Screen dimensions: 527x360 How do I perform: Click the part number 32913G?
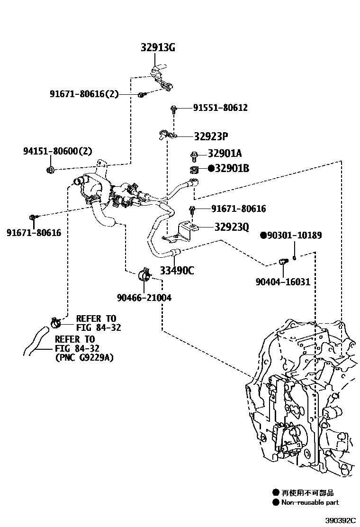click(158, 47)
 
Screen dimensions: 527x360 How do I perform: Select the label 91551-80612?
click(220, 108)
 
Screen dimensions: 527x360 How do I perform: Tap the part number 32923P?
click(211, 137)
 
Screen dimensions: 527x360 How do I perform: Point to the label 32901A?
click(225, 154)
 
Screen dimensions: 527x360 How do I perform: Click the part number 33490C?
click(176, 271)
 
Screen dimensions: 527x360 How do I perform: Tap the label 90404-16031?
click(283, 282)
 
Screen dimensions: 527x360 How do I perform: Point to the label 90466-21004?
click(144, 298)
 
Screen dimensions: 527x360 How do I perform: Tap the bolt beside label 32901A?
click(194, 154)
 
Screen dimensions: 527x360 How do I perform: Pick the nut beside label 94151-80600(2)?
click(51, 170)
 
